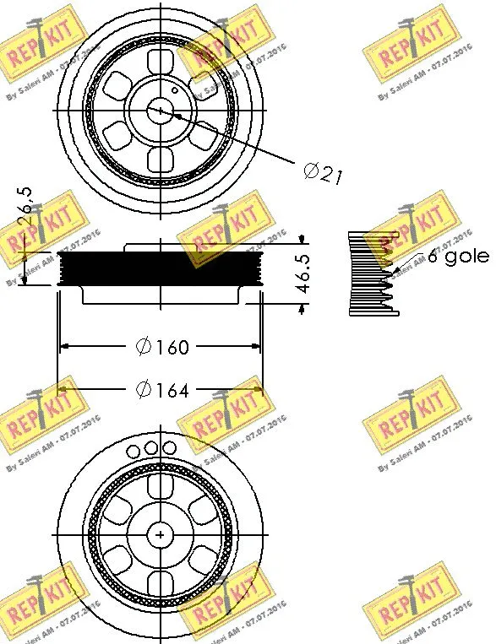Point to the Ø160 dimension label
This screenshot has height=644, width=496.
point(161,346)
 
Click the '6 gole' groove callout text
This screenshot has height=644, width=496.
point(457,256)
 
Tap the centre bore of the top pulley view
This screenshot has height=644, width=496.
point(160,110)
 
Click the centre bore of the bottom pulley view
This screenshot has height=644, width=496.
point(160,533)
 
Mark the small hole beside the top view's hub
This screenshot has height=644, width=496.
point(174,89)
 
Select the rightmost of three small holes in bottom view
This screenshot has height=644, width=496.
point(170,447)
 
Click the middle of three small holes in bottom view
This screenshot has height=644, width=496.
point(151,447)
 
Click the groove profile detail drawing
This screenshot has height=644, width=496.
point(372,273)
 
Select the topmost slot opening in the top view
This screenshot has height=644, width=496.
point(160,62)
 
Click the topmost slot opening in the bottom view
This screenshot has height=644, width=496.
point(160,486)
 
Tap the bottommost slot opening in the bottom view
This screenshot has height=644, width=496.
point(160,582)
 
